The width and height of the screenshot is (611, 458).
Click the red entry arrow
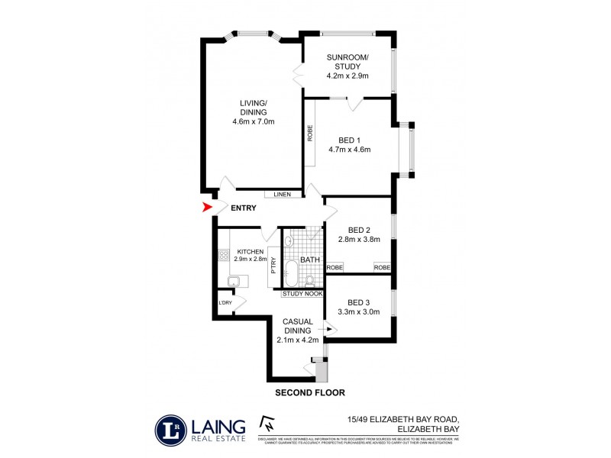(x=205, y=207)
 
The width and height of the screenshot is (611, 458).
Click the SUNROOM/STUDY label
(x=348, y=63)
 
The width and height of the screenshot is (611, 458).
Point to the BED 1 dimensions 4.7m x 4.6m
(x=354, y=150)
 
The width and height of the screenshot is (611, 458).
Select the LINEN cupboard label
(x=283, y=195)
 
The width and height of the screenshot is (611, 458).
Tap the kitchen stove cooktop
(x=224, y=256)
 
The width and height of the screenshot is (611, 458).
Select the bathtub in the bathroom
(x=291, y=272)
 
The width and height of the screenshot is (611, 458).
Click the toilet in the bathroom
(x=310, y=279)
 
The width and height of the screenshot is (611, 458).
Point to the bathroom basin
(x=289, y=242)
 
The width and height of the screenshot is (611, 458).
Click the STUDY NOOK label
(x=302, y=294)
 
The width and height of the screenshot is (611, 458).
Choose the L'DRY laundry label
(x=225, y=303)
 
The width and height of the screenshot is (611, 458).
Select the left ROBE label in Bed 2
(x=335, y=267)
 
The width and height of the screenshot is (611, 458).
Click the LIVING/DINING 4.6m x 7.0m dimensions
(x=253, y=121)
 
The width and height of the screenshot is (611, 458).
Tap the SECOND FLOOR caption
(x=310, y=392)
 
